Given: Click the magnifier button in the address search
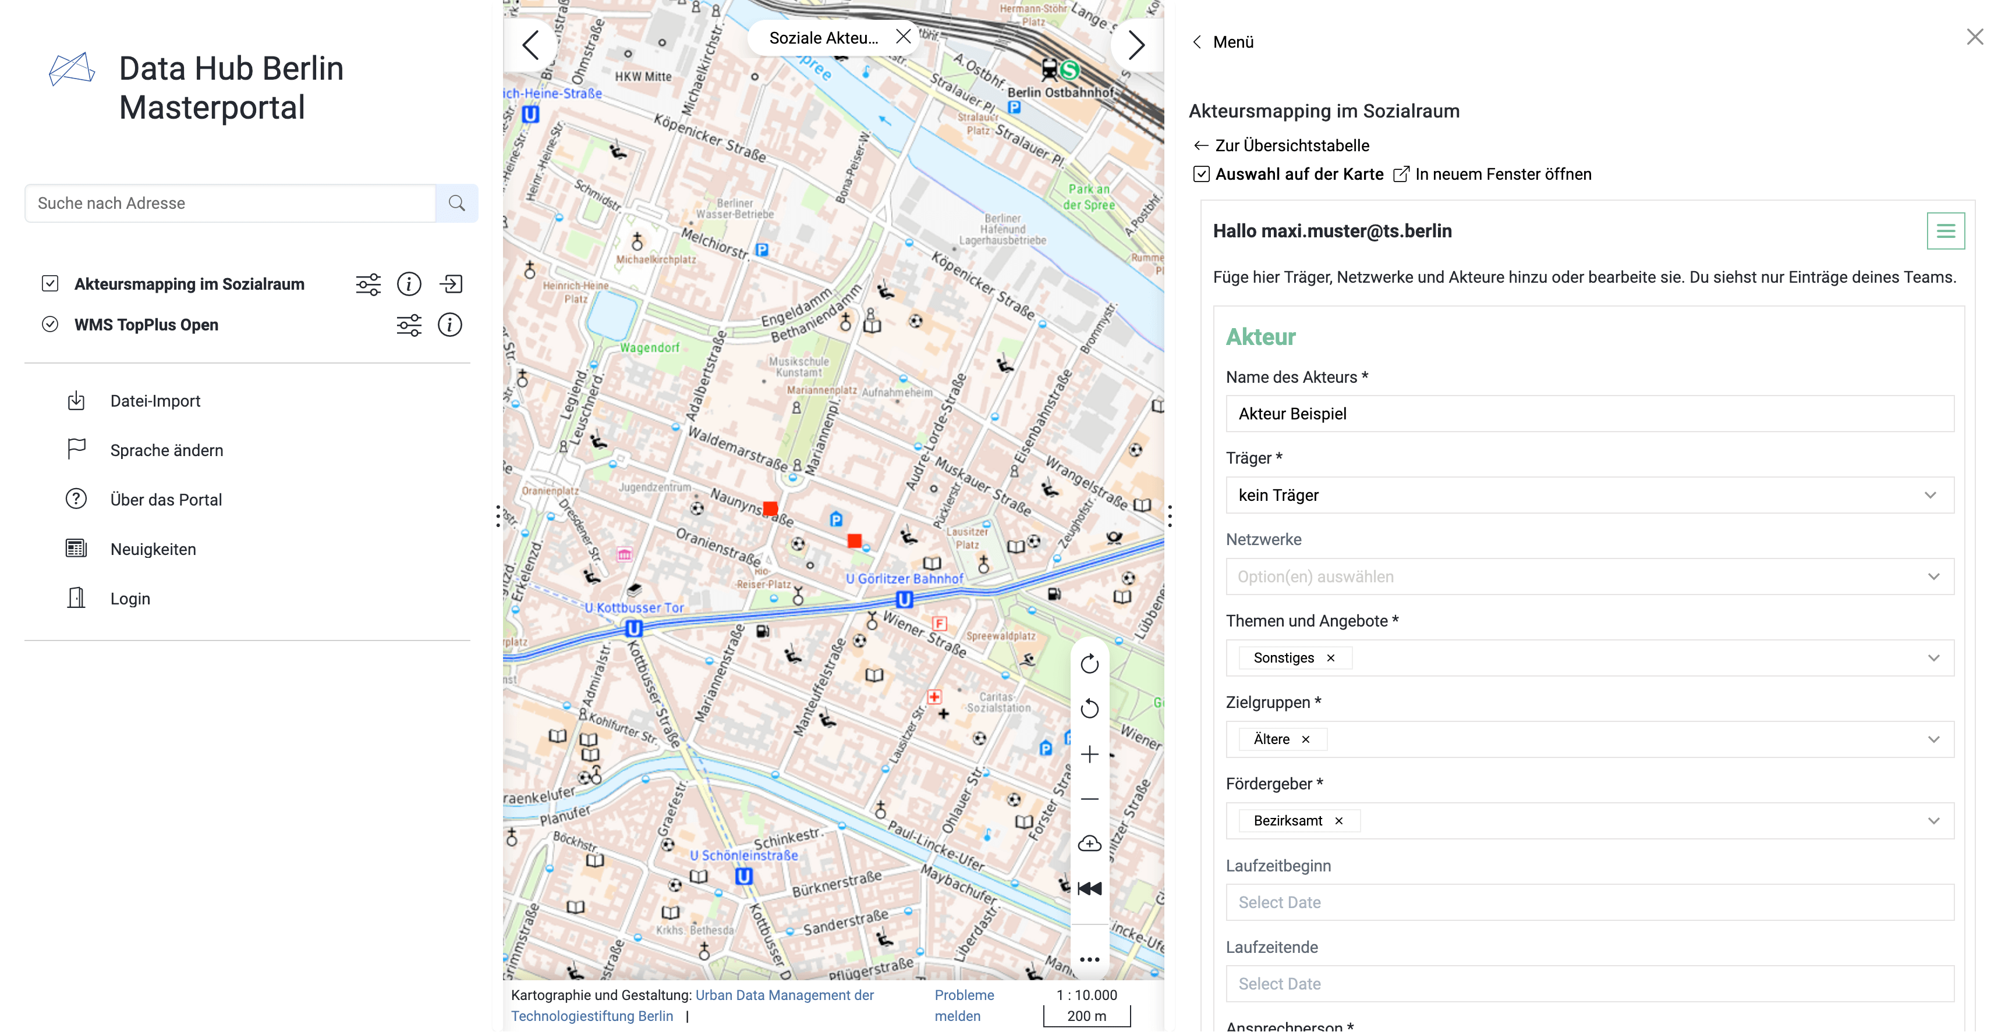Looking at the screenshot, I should (457, 204).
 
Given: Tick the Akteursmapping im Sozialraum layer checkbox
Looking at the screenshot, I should (50, 283).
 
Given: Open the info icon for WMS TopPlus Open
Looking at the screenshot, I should (449, 325).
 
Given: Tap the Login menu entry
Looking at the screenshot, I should (130, 599).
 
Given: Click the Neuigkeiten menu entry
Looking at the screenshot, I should (153, 550).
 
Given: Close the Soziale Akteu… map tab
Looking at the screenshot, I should (903, 37).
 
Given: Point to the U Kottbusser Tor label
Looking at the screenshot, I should (633, 608).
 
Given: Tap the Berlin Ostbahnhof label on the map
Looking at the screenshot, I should (1060, 92).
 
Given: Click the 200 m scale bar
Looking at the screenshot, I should (1086, 1016).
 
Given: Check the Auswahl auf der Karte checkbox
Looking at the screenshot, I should (1201, 174).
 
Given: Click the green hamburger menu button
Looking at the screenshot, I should (1945, 231).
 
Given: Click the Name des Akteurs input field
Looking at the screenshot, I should (1589, 414).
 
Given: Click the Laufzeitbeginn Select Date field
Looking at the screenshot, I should (1589, 902).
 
